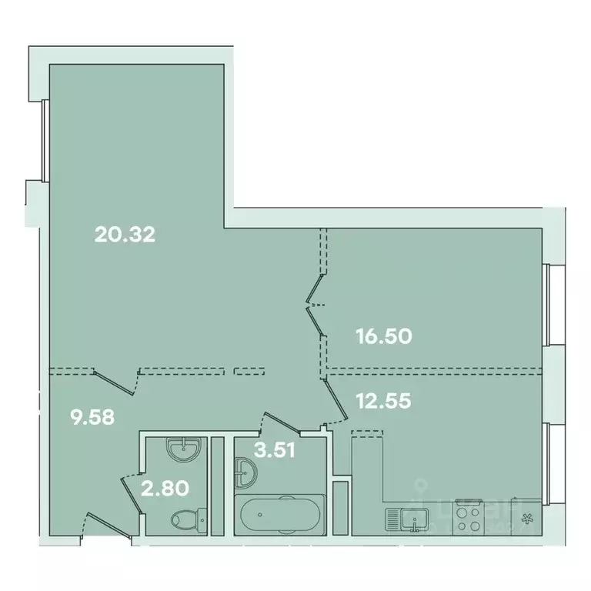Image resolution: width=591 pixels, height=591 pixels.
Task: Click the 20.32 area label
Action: [125, 234]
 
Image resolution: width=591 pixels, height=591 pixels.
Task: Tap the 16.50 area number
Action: [385, 336]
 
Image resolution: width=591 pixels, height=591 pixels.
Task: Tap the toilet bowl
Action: [185, 519]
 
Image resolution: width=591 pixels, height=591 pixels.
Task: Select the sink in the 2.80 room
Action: [183, 449]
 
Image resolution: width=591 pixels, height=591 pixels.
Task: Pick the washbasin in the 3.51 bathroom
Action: [245, 472]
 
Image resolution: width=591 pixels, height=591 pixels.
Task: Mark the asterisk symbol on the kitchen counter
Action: [527, 519]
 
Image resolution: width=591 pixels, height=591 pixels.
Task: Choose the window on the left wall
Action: [45, 139]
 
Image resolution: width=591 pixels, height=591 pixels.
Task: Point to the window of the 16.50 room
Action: [548, 306]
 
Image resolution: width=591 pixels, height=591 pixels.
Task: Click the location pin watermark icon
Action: [421, 486]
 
